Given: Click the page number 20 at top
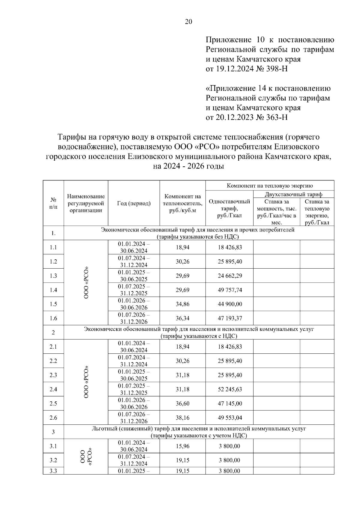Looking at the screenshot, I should (189, 22).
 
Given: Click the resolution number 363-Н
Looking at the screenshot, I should (276, 117).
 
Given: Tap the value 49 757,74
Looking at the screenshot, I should (230, 290).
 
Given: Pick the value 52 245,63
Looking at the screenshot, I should (230, 389).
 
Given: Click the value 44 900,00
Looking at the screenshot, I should (230, 304).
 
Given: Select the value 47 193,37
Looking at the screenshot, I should (230, 318).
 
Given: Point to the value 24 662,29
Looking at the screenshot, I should (230, 276).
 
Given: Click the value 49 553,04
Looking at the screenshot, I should (230, 418).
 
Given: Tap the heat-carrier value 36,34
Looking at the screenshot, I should (182, 318).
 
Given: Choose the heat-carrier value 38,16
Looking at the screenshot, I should (182, 418).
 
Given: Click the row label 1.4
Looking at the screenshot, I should (53, 290).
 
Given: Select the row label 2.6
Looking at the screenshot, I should (53, 418).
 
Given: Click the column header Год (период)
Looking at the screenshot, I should (134, 204).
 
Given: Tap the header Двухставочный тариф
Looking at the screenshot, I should (293, 194).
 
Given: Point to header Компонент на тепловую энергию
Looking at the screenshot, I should (270, 185).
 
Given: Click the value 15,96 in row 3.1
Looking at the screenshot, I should (182, 446).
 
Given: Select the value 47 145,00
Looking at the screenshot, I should (230, 403).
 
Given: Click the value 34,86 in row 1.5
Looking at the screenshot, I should (182, 304).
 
